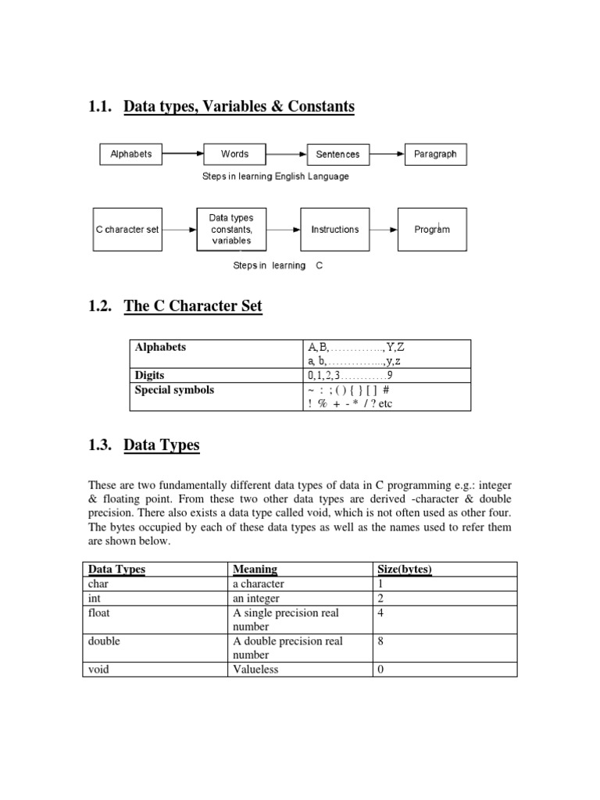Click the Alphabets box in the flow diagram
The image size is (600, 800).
pos(131,154)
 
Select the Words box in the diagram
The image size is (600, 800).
pos(234,154)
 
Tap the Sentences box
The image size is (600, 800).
pos(337,154)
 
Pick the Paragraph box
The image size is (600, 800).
pos(435,154)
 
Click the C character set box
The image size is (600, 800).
pos(127,230)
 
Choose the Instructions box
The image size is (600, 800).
pos(335,230)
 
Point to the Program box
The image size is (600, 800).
pos(432,230)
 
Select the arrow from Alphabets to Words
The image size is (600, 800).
pos(183,154)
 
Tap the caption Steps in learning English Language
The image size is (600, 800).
pos(276,177)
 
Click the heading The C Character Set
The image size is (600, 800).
pos(193,306)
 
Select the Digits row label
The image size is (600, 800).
pos(150,376)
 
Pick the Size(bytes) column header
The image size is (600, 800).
pos(405,570)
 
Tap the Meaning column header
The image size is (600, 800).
pos(255,570)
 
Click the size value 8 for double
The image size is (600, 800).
pos(380,641)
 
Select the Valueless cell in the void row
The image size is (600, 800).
pos(255,670)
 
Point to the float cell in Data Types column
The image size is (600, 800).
pos(98,613)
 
